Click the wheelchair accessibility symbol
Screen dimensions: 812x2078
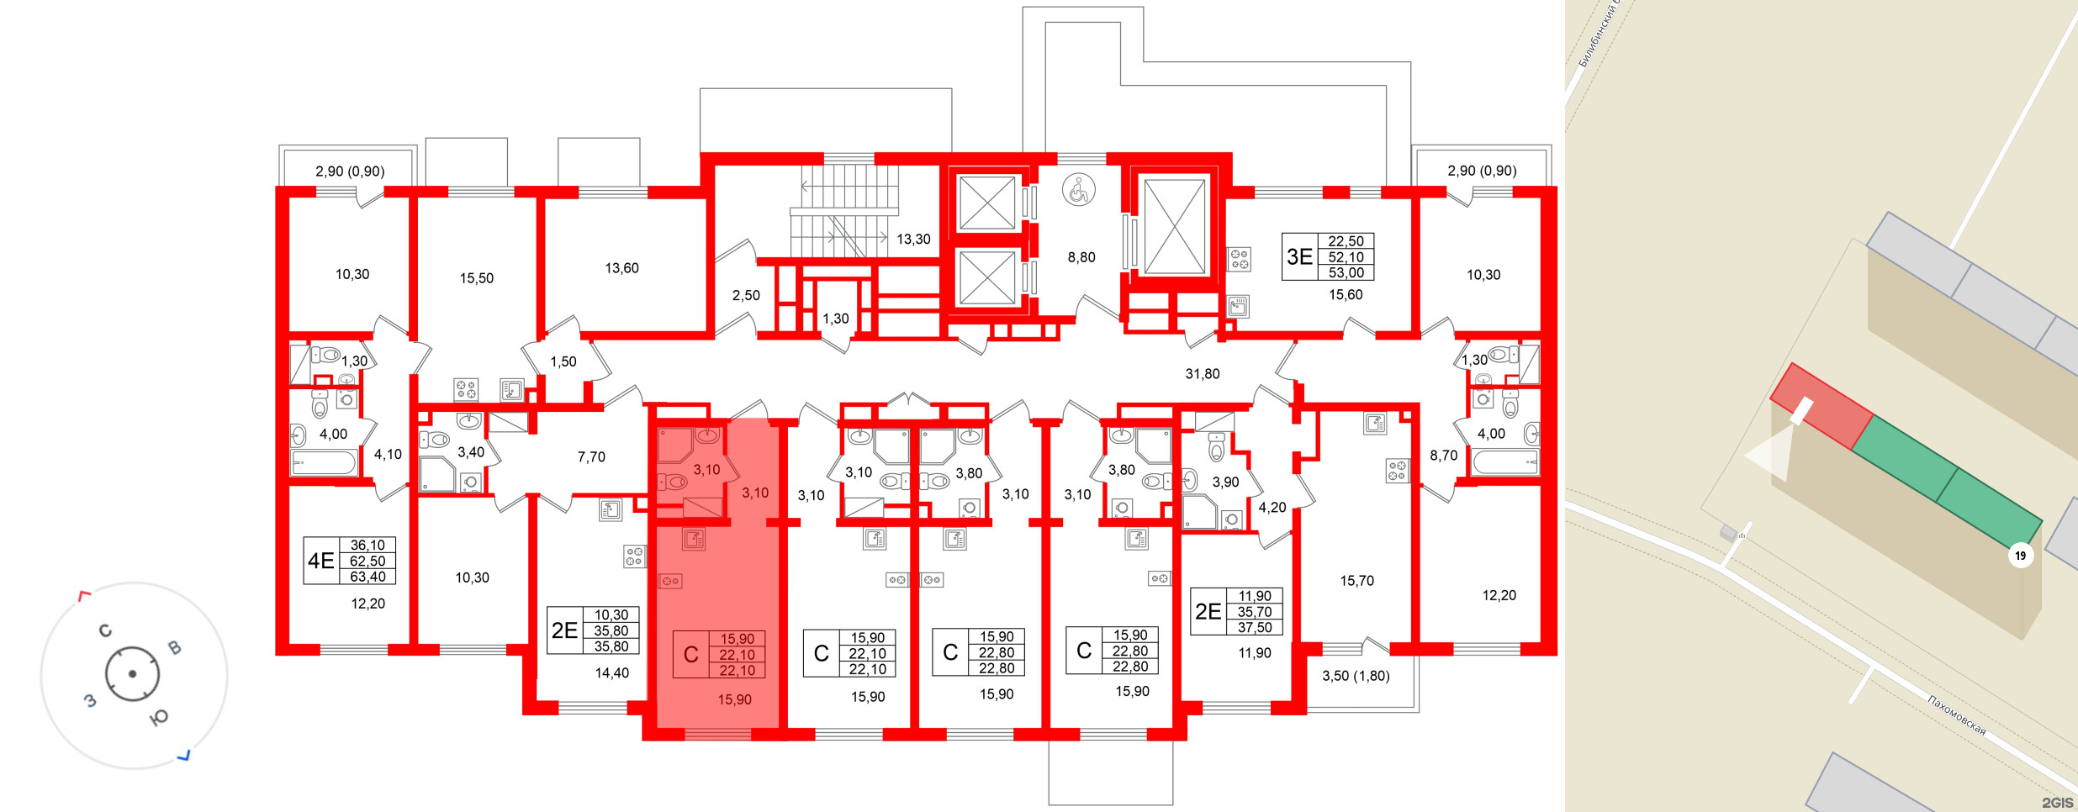1078,189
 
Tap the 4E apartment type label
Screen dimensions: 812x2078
320,561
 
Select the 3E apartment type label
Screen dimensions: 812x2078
1299,256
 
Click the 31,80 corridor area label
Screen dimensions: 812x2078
1202,374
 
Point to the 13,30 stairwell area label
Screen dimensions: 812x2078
912,240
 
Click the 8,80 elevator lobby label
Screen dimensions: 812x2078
1081,257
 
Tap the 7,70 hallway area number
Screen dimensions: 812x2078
591,457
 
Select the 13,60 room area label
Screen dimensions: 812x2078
621,268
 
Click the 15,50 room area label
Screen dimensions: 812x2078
476,278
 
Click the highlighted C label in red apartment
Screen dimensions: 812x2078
690,655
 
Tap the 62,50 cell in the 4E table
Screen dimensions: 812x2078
367,562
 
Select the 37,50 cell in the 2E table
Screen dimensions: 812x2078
1254,628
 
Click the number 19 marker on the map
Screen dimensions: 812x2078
2020,556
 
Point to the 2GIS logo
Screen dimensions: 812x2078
2057,803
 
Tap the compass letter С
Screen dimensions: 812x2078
105,630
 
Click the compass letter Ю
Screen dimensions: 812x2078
158,717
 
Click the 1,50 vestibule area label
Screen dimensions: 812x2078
563,362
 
